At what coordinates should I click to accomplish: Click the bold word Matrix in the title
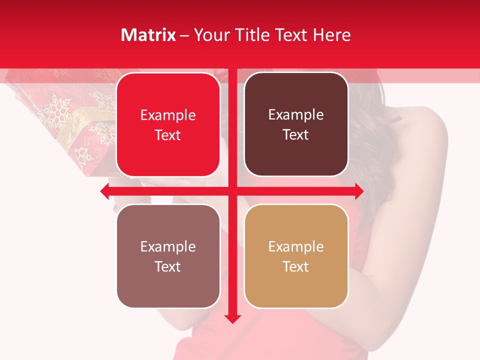pyautogui.click(x=148, y=35)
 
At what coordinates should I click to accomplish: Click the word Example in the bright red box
pyautogui.click(x=168, y=115)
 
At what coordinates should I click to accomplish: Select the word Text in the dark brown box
pyautogui.click(x=296, y=135)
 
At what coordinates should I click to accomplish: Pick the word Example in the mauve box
pyautogui.click(x=168, y=246)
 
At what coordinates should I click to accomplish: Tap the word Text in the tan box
pyautogui.click(x=296, y=266)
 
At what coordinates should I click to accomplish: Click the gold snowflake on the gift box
pyautogui.click(x=56, y=111)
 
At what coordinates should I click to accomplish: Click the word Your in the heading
pyautogui.click(x=209, y=35)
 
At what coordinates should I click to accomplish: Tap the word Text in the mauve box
pyautogui.click(x=168, y=266)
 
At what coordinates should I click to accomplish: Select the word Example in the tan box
pyautogui.click(x=296, y=246)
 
